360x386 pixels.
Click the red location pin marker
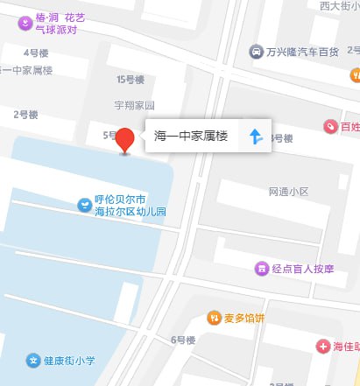125,140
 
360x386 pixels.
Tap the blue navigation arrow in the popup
255,137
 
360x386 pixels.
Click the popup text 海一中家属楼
190,137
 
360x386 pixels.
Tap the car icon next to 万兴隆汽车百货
255,53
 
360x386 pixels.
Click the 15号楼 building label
128,80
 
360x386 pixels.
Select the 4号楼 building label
36,53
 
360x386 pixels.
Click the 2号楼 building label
27,114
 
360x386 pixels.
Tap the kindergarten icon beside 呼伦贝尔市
84,206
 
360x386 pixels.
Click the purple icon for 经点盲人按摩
260,268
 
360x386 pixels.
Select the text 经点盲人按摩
303,268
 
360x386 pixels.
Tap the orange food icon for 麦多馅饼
214,318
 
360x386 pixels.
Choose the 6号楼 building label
182,340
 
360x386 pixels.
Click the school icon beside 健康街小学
32,360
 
